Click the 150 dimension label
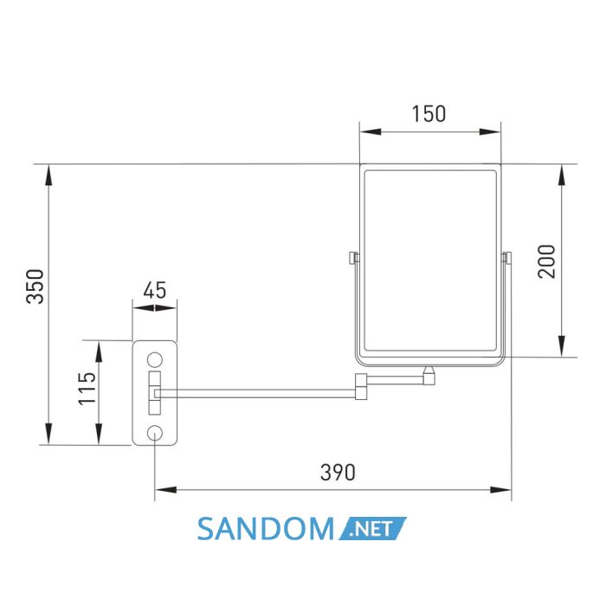(429, 114)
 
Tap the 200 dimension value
(546, 261)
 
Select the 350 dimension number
(35, 287)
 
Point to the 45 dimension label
(155, 290)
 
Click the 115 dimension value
(87, 389)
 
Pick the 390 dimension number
(338, 473)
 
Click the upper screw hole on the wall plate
(155, 360)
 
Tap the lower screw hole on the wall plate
(155, 433)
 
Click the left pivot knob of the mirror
(353, 257)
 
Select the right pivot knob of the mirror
(506, 257)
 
